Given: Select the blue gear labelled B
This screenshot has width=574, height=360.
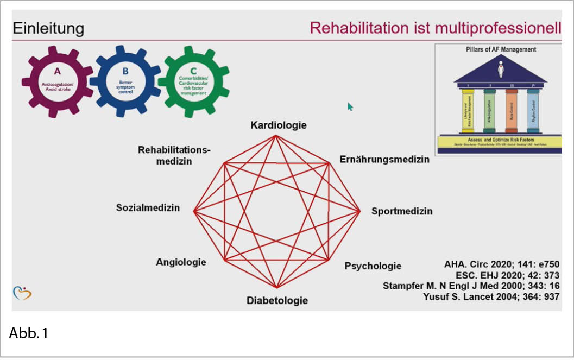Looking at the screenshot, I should point(125,80).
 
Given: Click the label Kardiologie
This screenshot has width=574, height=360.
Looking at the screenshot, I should point(278,125).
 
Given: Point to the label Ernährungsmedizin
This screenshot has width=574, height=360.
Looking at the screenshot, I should point(384,160).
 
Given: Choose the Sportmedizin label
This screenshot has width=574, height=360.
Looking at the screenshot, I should point(402,211).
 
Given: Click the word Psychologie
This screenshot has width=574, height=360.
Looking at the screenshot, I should point(373,266).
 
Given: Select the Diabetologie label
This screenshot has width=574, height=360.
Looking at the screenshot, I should point(277,300).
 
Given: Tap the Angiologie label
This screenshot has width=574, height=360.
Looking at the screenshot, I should point(181,262).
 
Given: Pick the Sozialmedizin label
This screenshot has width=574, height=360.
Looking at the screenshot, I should point(148,208).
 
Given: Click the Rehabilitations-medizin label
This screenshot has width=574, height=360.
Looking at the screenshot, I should point(174,155).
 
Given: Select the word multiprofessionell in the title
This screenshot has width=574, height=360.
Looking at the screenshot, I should point(498,28).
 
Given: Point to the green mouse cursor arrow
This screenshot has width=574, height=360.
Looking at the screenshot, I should point(350,106).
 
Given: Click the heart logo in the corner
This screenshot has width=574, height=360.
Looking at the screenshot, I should point(22,293).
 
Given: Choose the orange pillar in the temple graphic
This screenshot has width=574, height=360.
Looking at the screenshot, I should point(511,111).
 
